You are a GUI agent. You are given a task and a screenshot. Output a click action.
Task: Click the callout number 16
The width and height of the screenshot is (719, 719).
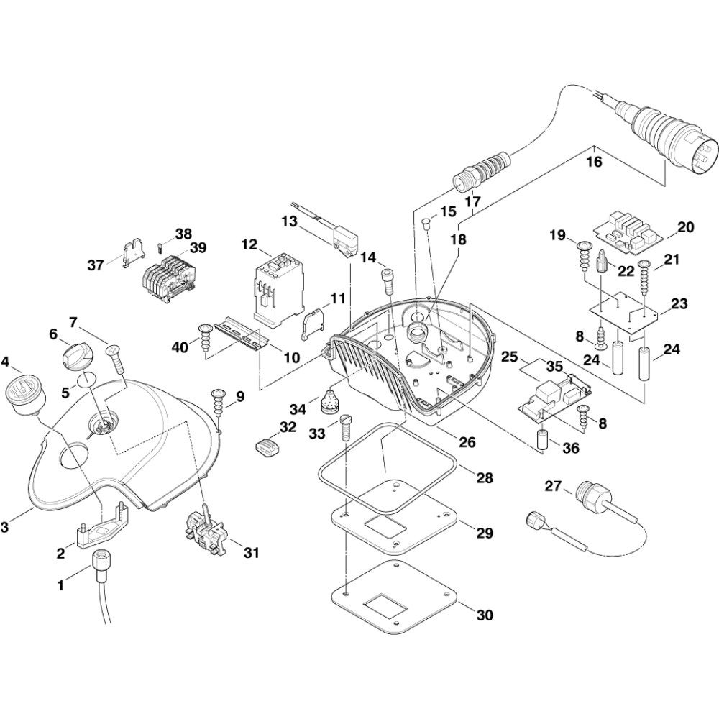594,162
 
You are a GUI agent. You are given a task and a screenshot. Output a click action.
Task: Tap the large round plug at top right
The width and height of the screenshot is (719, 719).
672,145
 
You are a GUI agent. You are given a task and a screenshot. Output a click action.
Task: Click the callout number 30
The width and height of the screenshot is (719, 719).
485,615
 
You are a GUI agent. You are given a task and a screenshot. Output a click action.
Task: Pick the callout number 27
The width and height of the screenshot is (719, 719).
552,487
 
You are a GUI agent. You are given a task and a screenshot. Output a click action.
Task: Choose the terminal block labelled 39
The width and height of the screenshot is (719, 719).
169,280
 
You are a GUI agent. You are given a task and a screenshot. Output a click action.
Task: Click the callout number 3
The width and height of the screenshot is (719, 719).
5,528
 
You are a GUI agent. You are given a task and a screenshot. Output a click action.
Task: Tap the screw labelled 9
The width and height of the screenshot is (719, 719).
216,397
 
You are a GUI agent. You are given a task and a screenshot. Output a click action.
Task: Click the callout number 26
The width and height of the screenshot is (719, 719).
467,442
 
